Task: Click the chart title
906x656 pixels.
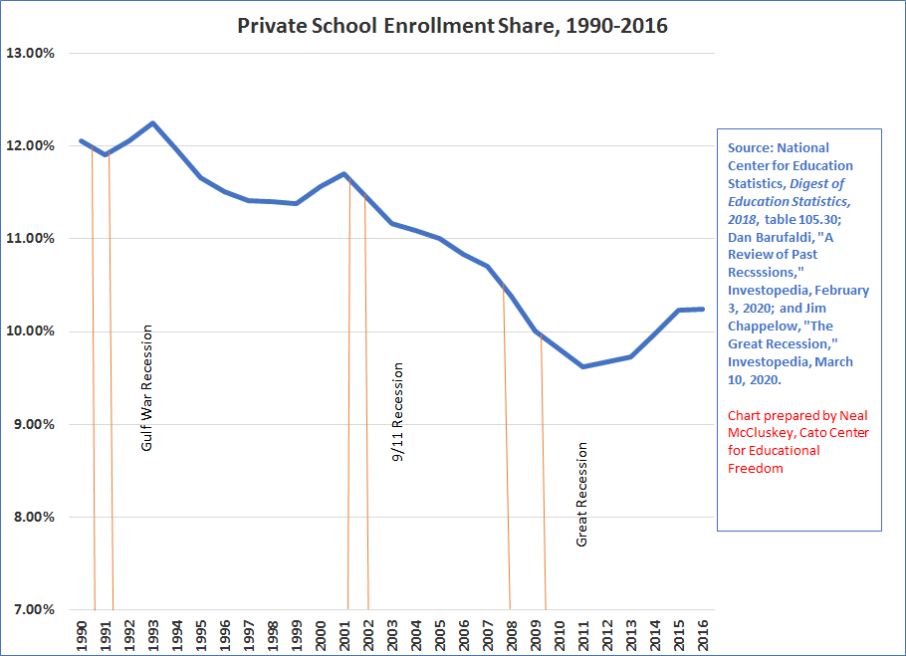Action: tap(452, 26)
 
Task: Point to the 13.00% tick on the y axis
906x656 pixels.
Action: tap(31, 53)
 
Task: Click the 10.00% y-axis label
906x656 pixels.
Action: tap(31, 331)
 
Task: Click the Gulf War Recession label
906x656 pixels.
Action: tap(147, 388)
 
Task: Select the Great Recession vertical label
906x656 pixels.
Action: tap(582, 495)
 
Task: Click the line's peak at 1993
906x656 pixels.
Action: tap(152, 123)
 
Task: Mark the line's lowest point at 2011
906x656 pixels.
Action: tap(583, 366)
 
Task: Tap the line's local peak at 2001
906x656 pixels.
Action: tap(344, 174)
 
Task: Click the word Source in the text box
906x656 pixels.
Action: tap(749, 148)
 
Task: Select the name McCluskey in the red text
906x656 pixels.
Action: tap(756, 432)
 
